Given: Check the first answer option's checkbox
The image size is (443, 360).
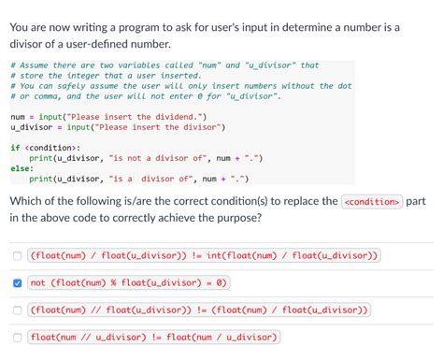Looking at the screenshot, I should [x=17, y=255].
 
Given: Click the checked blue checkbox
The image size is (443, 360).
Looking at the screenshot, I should [x=17, y=282].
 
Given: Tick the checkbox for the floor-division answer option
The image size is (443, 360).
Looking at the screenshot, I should [x=17, y=310].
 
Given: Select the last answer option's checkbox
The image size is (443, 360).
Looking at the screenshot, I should [x=17, y=337].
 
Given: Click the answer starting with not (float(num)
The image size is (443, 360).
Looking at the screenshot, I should [x=129, y=282].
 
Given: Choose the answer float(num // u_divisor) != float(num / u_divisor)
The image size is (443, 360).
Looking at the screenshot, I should [x=154, y=337].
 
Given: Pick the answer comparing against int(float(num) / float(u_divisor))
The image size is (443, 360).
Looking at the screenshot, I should [x=205, y=255].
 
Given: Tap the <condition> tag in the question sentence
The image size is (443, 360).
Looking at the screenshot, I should [x=372, y=201].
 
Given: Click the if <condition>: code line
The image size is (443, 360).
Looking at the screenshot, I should [x=45, y=148].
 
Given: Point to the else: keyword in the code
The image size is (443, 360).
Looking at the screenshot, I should [x=21, y=168].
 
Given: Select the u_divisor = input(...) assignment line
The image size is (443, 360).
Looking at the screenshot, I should [x=118, y=127].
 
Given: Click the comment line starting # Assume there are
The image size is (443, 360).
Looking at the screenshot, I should [x=164, y=65].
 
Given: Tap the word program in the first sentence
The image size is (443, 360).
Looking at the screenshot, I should [x=139, y=27].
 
